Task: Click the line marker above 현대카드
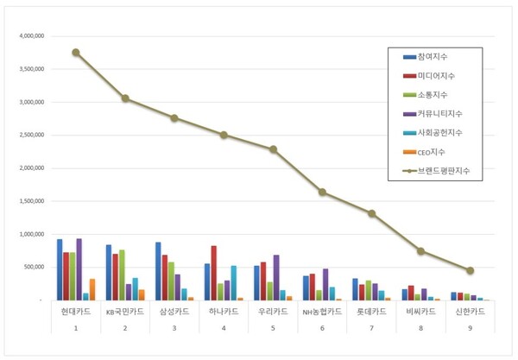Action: pos(76,53)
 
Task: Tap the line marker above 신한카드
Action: pos(470,270)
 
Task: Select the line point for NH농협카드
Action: pos(322,192)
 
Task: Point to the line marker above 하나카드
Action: pos(224,135)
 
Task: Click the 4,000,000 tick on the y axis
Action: pos(30,36)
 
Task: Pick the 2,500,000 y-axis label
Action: pos(30,136)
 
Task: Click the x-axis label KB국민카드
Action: pos(125,311)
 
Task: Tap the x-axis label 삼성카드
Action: pos(174,311)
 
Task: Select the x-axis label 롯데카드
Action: pos(371,311)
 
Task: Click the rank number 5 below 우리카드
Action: pos(273,328)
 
